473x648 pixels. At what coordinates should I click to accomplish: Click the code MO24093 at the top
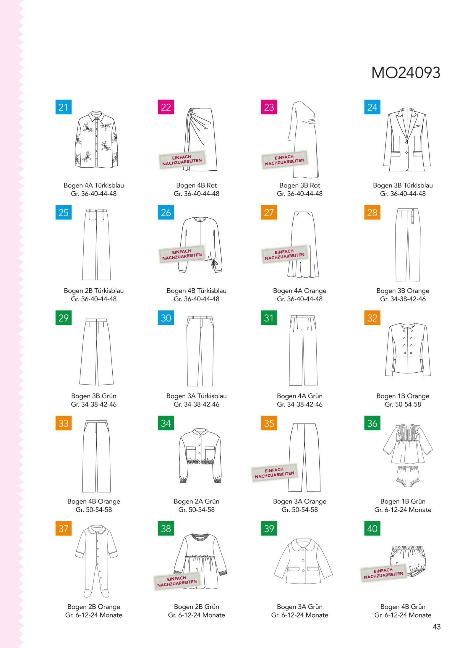(x=406, y=73)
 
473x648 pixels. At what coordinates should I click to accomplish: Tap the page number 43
(x=436, y=626)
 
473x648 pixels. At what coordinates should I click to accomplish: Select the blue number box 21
(x=64, y=107)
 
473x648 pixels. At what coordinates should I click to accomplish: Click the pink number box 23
(x=269, y=107)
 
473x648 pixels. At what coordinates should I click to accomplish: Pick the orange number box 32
(x=372, y=318)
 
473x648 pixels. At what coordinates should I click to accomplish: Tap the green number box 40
(x=372, y=528)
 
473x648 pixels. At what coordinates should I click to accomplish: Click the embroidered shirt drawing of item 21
(x=97, y=140)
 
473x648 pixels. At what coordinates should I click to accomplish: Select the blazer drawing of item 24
(x=407, y=139)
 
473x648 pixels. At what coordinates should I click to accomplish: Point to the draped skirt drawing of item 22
(x=200, y=139)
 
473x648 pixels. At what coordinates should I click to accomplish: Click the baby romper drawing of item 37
(x=97, y=561)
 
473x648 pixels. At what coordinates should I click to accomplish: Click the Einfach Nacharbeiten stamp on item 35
(x=274, y=473)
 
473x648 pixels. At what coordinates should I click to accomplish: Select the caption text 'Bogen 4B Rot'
(x=197, y=185)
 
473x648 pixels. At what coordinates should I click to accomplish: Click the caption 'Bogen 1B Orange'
(x=403, y=396)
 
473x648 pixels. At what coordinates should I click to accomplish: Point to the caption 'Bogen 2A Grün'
(x=197, y=501)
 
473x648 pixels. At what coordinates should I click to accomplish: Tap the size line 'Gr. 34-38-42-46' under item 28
(x=403, y=299)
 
